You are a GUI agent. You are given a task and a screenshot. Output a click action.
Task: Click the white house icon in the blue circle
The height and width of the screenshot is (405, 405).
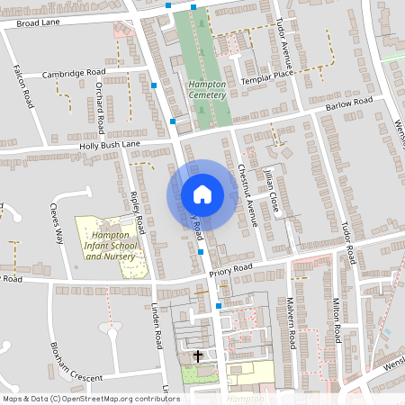click(x=202, y=194)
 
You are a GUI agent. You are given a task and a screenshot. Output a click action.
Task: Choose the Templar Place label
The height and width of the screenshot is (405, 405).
click(x=267, y=80)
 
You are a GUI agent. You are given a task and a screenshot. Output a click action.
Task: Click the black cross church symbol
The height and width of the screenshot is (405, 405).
click(x=198, y=356)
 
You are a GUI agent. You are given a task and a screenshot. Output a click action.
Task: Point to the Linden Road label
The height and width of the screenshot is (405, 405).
click(x=157, y=325)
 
